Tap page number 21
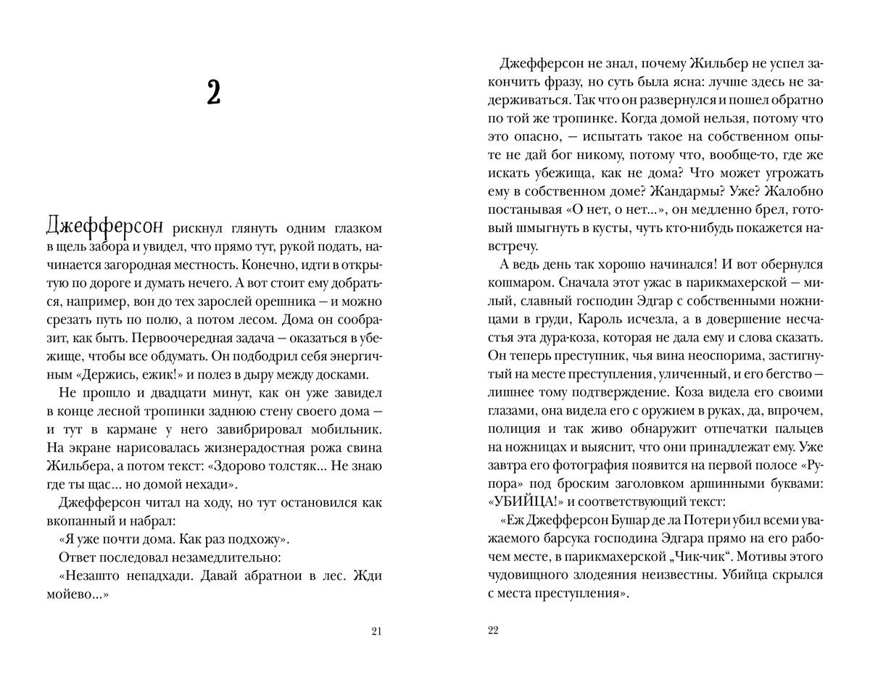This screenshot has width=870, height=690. click(x=376, y=631)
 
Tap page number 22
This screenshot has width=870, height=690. click(x=494, y=631)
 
